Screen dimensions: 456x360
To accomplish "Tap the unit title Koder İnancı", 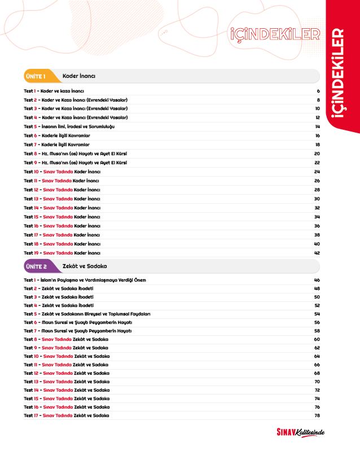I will pyautogui.click(x=79, y=76).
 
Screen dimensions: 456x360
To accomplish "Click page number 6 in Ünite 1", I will pyautogui.click(x=318, y=90).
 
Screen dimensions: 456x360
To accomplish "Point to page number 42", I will pyautogui.click(x=317, y=253).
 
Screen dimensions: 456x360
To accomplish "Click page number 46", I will pyautogui.click(x=317, y=280).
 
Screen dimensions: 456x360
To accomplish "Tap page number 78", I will pyautogui.click(x=317, y=415).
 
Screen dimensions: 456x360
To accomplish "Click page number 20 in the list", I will pyautogui.click(x=317, y=154).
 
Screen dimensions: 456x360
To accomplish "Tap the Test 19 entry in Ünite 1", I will pyautogui.click(x=62, y=253).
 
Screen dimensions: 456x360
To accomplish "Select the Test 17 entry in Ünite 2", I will pyautogui.click(x=67, y=415).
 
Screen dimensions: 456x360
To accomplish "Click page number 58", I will pyautogui.click(x=317, y=331).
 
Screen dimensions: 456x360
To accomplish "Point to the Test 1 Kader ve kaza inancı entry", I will pyautogui.click(x=54, y=90).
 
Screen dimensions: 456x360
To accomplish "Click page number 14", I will pyautogui.click(x=318, y=126).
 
